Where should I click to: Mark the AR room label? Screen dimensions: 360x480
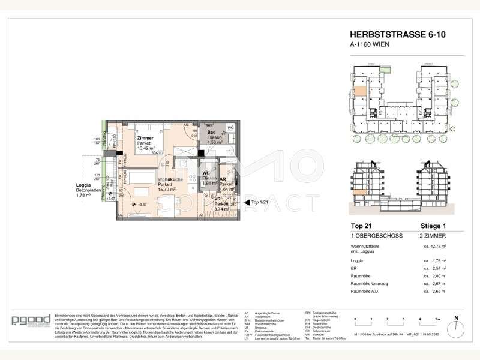coord(223,179)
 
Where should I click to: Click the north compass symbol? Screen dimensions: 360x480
coord(455,318)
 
